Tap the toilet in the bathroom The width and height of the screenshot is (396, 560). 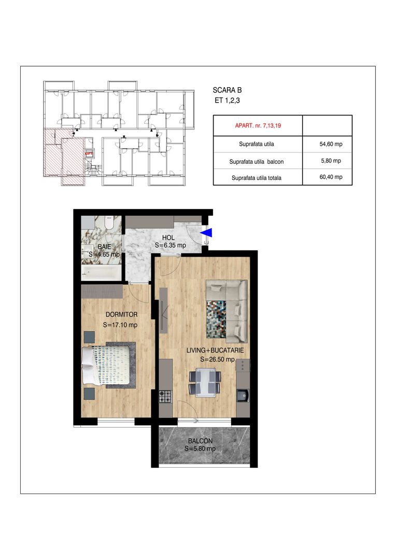[108, 222]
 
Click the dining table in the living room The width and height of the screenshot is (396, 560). [206, 381]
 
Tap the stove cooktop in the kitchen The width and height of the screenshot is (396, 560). [165, 396]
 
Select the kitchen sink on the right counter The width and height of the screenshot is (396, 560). [242, 396]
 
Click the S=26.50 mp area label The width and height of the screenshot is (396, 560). [218, 359]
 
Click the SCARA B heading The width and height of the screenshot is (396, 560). [231, 90]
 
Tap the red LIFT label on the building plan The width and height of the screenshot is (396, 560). [89, 153]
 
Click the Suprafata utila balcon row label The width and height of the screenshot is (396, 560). [256, 162]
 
